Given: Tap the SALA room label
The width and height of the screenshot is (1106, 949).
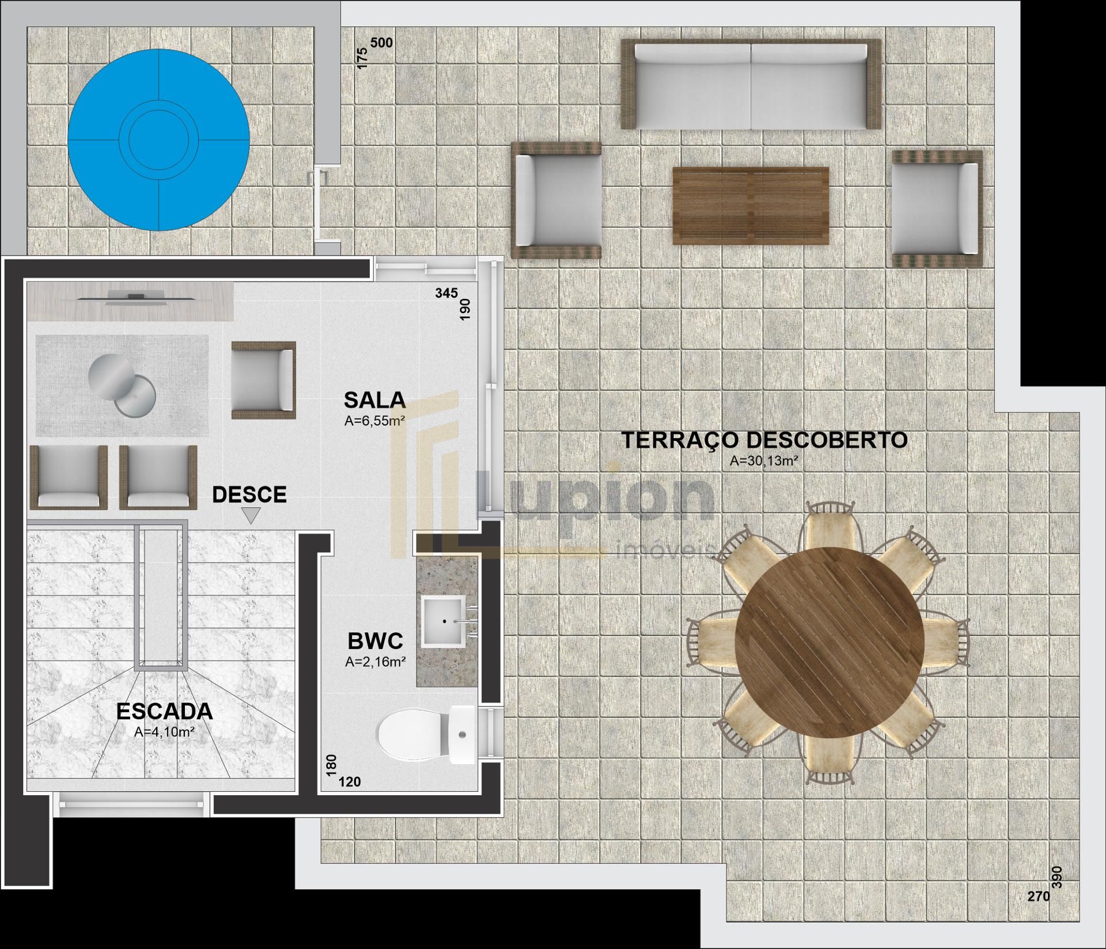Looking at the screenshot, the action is click(374, 399).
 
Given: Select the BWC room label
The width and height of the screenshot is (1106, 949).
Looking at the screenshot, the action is click(375, 640).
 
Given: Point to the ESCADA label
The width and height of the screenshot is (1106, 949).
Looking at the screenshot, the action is click(165, 712).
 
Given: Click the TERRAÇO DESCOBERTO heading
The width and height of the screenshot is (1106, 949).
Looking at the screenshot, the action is click(764, 440).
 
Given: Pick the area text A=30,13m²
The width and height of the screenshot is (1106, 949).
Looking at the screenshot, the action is click(764, 461).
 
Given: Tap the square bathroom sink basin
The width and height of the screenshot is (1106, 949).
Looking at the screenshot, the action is click(444, 620).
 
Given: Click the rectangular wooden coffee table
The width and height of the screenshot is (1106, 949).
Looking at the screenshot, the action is click(751, 206).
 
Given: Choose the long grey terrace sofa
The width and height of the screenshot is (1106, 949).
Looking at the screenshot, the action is click(751, 84).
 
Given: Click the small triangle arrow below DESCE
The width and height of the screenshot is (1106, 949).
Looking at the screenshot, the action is click(251, 515).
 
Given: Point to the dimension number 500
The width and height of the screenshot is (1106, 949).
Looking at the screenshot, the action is click(381, 43).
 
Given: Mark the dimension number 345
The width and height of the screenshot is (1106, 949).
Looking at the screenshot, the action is click(446, 293).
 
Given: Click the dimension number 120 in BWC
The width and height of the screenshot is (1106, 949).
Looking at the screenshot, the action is click(350, 781).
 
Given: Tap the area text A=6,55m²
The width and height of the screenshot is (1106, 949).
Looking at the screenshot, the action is click(374, 421).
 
